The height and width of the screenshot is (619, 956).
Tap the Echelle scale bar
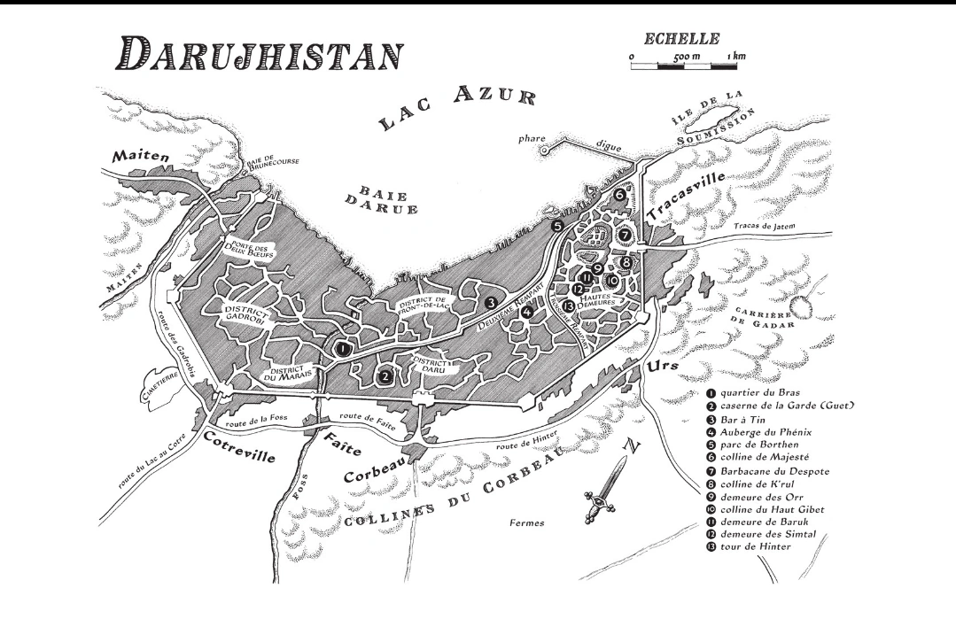click(688, 65)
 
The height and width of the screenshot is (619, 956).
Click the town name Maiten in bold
click(140, 156)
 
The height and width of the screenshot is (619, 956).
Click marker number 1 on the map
click(342, 349)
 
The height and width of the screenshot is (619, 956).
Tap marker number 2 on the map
click(385, 375)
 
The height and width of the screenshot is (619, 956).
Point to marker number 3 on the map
click(490, 303)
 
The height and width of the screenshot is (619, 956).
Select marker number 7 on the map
click(626, 236)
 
